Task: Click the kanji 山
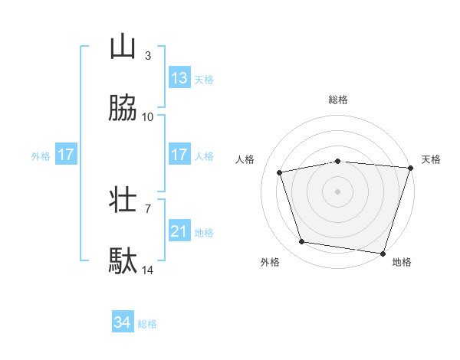tap(123, 47)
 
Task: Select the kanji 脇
tap(123, 109)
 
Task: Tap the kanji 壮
tap(123, 201)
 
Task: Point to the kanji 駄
tap(123, 262)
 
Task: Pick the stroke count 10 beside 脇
tap(148, 116)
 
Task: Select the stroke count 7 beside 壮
tap(147, 208)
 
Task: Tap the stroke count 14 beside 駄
tap(148, 270)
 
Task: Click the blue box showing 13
tap(179, 78)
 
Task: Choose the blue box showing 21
tap(179, 231)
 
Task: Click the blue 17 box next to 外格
tap(66, 155)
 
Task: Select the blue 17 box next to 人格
tap(179, 155)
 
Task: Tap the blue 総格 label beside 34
tap(147, 324)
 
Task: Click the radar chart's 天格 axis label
tap(432, 159)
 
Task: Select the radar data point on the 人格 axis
tap(280, 172)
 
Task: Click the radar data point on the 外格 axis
tap(302, 242)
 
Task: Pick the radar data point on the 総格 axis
tap(338, 161)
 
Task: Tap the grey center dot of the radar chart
tap(338, 191)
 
